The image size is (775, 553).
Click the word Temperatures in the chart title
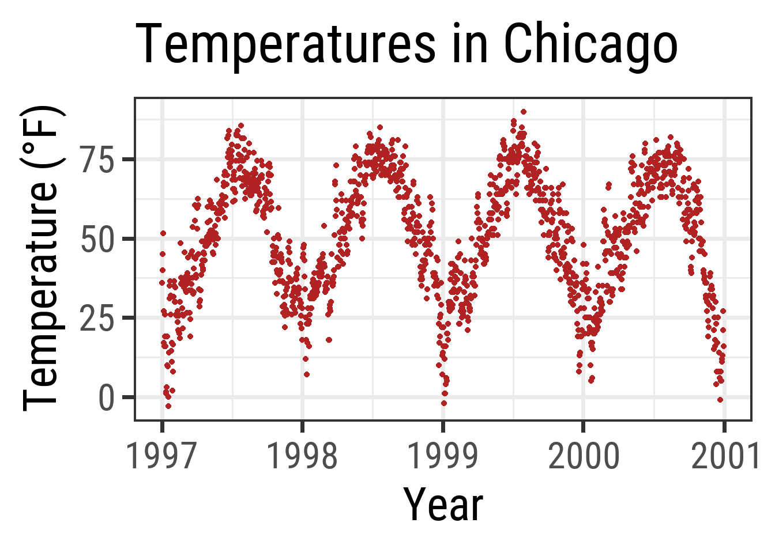point(285,45)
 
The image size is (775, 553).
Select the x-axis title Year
point(443,505)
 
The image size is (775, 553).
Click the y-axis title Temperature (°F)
point(42,258)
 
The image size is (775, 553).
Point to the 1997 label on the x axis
point(162,456)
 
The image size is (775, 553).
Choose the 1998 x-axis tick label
point(302,456)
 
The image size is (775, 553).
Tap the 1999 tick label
point(443,456)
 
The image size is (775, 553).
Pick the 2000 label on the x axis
point(584,456)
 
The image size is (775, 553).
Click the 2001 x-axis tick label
point(724,456)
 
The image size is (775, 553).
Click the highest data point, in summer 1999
point(523,112)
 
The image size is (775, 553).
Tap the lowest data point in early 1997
point(168,406)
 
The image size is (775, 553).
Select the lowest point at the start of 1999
point(444,403)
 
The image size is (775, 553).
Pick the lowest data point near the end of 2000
point(720,400)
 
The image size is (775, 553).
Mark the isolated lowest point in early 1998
point(307,374)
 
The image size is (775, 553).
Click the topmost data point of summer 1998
point(379,127)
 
